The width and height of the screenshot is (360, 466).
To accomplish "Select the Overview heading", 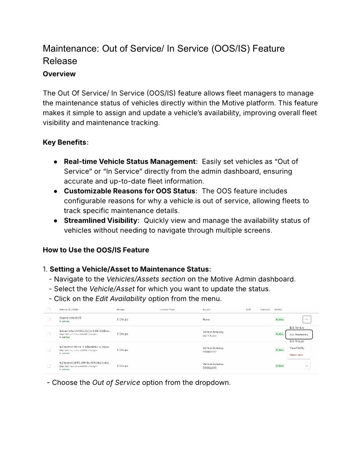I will pyautogui.click(x=59, y=74).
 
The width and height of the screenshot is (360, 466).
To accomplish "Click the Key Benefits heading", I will pyautogui.click(x=65, y=142).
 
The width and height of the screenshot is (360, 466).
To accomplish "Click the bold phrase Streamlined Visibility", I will pyautogui.click(x=101, y=220).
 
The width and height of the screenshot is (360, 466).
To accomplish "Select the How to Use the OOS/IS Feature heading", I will pyautogui.click(x=96, y=250).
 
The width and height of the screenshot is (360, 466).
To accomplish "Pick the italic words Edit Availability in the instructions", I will pyautogui.click(x=120, y=298).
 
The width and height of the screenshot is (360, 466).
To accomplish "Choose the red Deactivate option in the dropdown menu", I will pyautogui.click(x=296, y=354).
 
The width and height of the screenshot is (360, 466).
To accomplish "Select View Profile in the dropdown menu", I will pyautogui.click(x=296, y=348).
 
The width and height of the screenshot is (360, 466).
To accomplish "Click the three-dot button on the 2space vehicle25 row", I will pyautogui.click(x=307, y=319).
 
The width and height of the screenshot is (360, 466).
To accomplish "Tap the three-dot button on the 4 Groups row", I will pyautogui.click(x=307, y=365).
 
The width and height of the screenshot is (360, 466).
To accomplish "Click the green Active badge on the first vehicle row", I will pyautogui.click(x=280, y=319).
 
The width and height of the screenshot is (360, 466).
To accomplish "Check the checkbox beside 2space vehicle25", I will pyautogui.click(x=49, y=319).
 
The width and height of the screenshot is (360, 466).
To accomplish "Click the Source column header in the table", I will pyautogui.click(x=206, y=309).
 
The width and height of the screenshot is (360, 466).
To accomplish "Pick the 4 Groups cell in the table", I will pyautogui.click(x=123, y=365).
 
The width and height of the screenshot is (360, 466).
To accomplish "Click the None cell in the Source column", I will pyautogui.click(x=206, y=319).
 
